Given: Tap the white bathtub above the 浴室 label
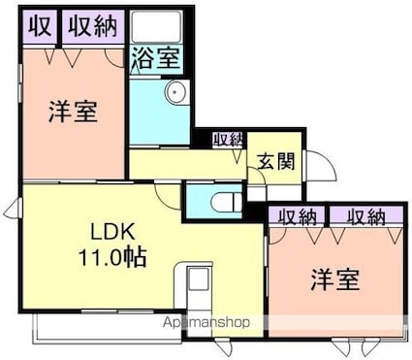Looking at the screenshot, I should (154, 27).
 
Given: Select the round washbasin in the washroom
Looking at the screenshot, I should (174, 93).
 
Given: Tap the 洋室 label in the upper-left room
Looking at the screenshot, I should (73, 111).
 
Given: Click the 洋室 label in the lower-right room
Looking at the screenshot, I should (334, 280).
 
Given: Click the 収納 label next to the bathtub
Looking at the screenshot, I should (93, 26).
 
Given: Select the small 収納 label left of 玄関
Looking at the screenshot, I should (229, 139).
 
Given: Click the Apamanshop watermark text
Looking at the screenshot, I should (207, 322).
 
